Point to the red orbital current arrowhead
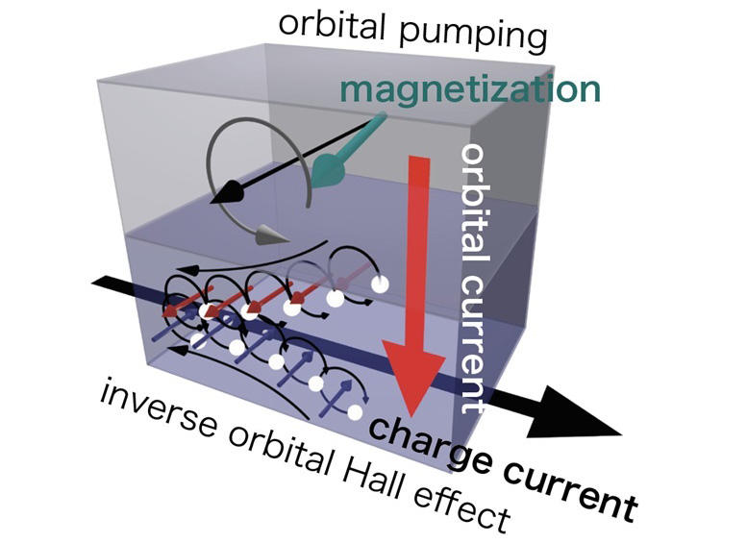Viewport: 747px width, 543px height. (x=414, y=371)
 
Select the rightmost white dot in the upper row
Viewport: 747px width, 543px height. (x=380, y=284)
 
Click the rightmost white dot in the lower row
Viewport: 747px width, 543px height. (x=356, y=411)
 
